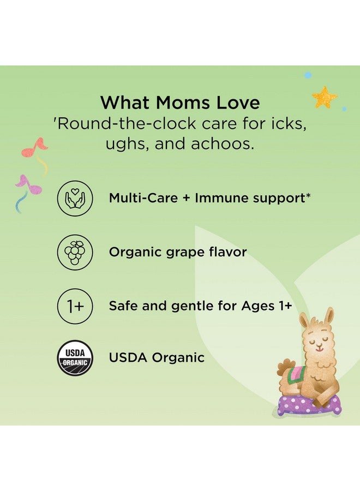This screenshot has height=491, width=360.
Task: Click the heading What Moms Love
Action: [180, 102]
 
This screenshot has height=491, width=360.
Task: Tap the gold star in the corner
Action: [324, 98]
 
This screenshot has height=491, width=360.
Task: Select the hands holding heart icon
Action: [75, 198]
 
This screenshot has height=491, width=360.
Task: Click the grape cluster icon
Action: [75, 252]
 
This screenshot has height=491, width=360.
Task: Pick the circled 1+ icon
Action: [75, 306]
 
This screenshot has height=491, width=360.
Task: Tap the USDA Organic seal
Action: [75, 358]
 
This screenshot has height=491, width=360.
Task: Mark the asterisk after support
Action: [308, 195]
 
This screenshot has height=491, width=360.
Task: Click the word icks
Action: [287, 124]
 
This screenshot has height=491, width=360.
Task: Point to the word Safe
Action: [124, 306]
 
